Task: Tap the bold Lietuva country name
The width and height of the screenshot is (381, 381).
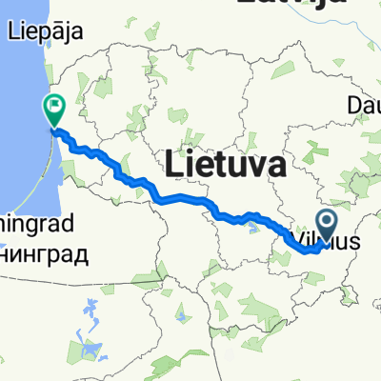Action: pyautogui.click(x=226, y=165)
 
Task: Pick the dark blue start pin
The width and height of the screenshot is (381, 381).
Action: pyautogui.click(x=325, y=226)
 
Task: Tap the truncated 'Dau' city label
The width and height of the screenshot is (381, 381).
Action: pyautogui.click(x=364, y=104)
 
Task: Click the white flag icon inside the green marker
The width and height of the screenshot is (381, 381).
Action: pyautogui.click(x=54, y=106)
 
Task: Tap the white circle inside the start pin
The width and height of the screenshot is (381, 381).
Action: pyautogui.click(x=325, y=222)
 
